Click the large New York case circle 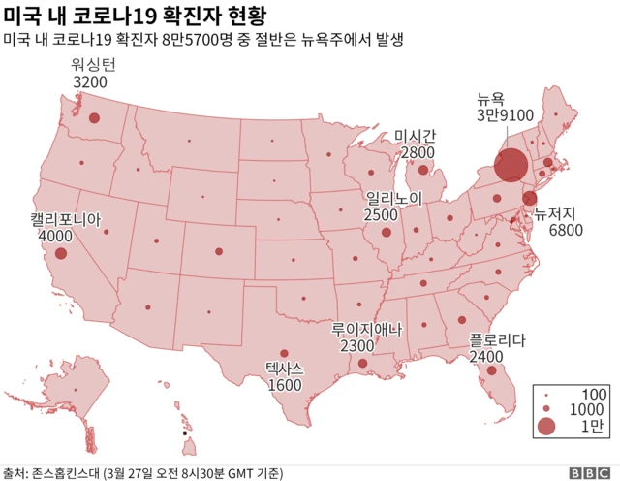pos(511,164)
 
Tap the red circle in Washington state pos(95,118)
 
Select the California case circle pos(61,253)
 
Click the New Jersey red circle pos(529,199)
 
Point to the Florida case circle pos(492,370)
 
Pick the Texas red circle pos(284,354)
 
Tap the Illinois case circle pos(387,233)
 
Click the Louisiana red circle pos(362,364)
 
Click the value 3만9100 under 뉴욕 pos(504,114)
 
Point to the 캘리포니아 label pos(64,218)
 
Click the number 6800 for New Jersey pos(566,230)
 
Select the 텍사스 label pos(285,369)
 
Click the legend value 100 pos(593,394)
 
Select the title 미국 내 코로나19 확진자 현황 pos(136,16)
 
